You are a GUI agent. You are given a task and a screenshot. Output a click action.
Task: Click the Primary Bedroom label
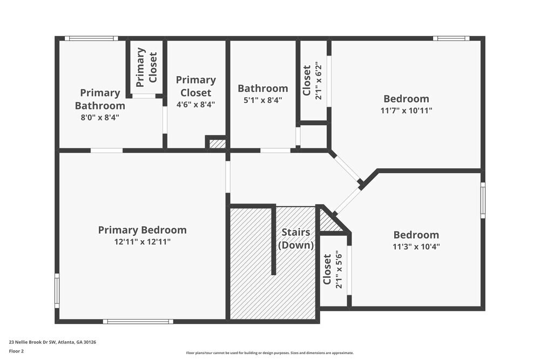point(142,230)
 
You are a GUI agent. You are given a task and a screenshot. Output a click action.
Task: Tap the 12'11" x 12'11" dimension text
point(142,242)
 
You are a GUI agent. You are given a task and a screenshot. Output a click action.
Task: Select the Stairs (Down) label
point(296,239)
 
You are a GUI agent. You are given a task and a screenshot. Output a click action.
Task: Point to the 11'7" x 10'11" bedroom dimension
point(406,110)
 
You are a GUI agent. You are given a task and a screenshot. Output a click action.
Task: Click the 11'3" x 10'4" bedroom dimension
point(416,247)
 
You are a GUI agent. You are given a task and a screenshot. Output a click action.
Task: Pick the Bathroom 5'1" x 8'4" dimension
point(263,100)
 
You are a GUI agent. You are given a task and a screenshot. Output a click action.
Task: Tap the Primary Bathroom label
point(100,99)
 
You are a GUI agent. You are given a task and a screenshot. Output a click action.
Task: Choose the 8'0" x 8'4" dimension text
point(99,116)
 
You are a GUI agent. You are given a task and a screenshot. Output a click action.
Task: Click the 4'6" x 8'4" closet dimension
point(195,104)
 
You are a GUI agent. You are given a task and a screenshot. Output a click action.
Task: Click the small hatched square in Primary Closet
point(217,144)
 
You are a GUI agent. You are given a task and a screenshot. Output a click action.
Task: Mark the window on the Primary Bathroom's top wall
point(91,38)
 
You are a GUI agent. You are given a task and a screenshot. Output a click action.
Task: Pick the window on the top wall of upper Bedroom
point(451,38)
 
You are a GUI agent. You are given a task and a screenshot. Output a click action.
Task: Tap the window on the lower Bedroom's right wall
point(483,200)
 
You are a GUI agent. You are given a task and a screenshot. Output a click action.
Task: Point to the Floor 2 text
point(16,351)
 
